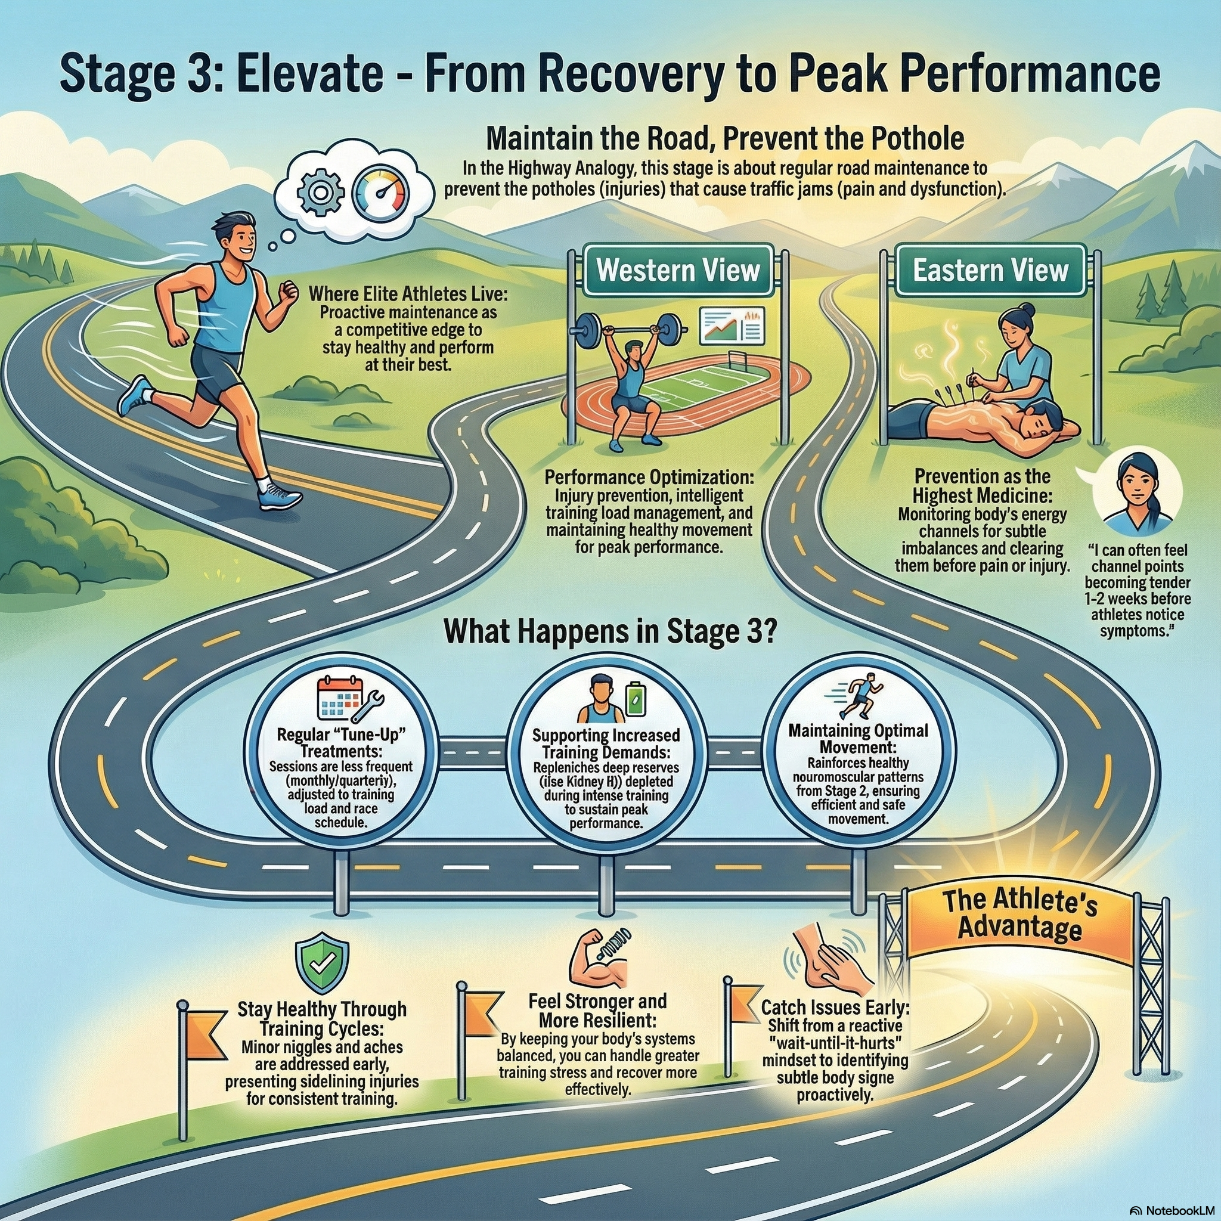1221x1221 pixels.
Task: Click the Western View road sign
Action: click(678, 271)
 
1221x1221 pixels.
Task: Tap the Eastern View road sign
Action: click(990, 271)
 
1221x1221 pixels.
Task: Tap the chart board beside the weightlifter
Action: click(732, 326)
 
